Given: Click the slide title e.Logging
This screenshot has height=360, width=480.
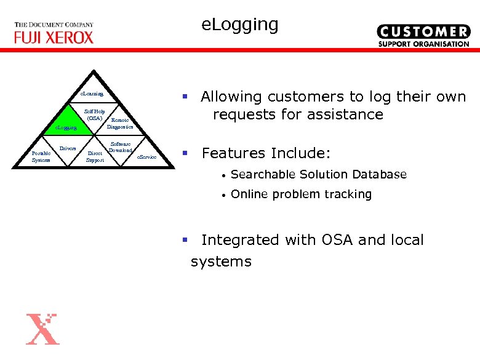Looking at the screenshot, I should (240, 25).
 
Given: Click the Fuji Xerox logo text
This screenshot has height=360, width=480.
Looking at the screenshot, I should (54, 37).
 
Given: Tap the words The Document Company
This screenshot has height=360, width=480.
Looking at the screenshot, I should (54, 25).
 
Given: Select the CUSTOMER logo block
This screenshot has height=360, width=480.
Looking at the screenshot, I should (423, 31).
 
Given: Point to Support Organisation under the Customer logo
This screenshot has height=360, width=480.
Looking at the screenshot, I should (423, 44).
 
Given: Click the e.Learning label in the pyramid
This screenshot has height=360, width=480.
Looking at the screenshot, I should (92, 94).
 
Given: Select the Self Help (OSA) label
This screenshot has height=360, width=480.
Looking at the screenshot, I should (95, 114).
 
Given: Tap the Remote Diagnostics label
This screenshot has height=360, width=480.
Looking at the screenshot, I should (119, 124).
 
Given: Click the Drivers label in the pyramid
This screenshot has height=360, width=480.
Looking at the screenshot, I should (68, 148).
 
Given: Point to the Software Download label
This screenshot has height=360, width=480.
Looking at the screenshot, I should (120, 147).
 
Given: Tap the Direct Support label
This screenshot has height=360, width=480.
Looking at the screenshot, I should (95, 156).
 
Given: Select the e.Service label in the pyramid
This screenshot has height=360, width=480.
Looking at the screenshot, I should (146, 158).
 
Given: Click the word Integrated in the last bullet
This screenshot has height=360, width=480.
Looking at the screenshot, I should (241, 240).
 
